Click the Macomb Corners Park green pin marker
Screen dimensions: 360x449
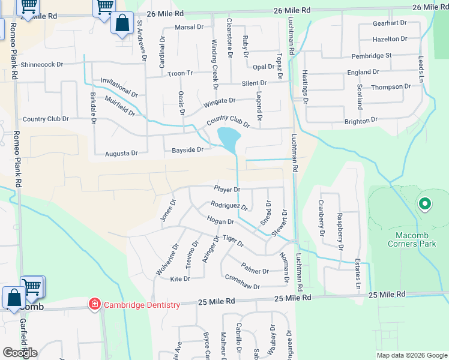coord(424,205)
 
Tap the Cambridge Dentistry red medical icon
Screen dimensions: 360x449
coord(94,305)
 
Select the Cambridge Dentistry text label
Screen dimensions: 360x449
coord(142,305)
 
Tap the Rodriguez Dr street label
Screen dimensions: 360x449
coord(229,205)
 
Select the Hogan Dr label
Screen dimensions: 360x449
coord(219,221)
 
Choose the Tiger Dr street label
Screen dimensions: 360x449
coord(233,241)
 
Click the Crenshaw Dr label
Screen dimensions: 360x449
coord(242,282)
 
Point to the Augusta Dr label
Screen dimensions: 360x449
coord(121,153)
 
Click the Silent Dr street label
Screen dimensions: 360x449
coord(254,83)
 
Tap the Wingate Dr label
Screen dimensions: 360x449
coord(218,101)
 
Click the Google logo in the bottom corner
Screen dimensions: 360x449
coord(20,353)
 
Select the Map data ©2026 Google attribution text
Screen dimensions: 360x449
coord(412,355)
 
